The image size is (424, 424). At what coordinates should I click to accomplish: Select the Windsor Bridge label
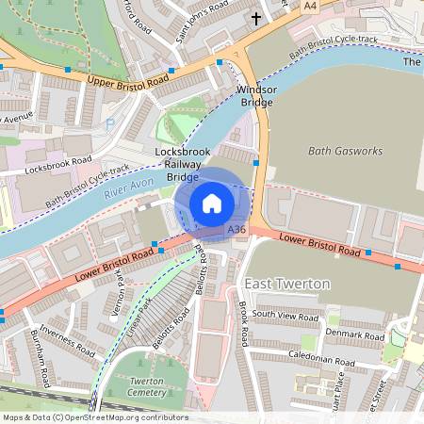pyautogui.click(x=257, y=97)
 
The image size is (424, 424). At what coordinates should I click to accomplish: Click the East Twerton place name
pyautogui.click(x=286, y=284)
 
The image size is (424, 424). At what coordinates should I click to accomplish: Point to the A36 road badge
pyautogui.click(x=236, y=229)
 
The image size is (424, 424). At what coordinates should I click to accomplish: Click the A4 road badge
pyautogui.click(x=310, y=6)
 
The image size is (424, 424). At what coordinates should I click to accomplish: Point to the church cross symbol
pyautogui.click(x=255, y=18)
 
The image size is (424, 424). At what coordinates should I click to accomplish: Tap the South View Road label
pyautogui.click(x=285, y=315)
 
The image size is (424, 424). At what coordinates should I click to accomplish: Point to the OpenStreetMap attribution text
pyautogui.click(x=95, y=417)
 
